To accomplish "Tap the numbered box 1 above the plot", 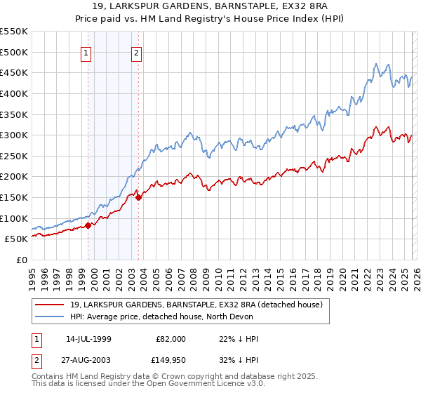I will (x=86, y=53).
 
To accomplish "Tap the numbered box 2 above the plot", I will (x=136, y=53).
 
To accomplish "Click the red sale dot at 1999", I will (x=88, y=226).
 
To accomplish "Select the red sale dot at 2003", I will (x=139, y=197).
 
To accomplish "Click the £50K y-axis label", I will (x=17, y=239).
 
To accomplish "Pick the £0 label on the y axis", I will (x=21, y=260).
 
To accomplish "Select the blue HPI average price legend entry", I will (x=175, y=317).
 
